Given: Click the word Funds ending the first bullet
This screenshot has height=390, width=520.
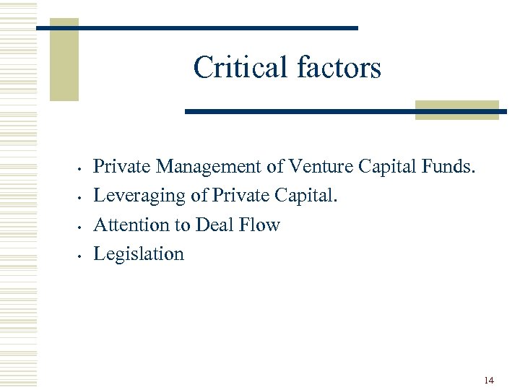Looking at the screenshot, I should tap(449, 167).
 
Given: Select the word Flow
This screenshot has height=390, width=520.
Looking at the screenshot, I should tap(259, 225).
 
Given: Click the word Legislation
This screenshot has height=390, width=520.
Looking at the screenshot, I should tap(139, 253).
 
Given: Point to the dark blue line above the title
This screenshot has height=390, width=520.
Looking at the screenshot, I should tap(196, 27).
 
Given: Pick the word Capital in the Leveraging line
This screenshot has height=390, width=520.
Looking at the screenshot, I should tap(307, 196).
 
